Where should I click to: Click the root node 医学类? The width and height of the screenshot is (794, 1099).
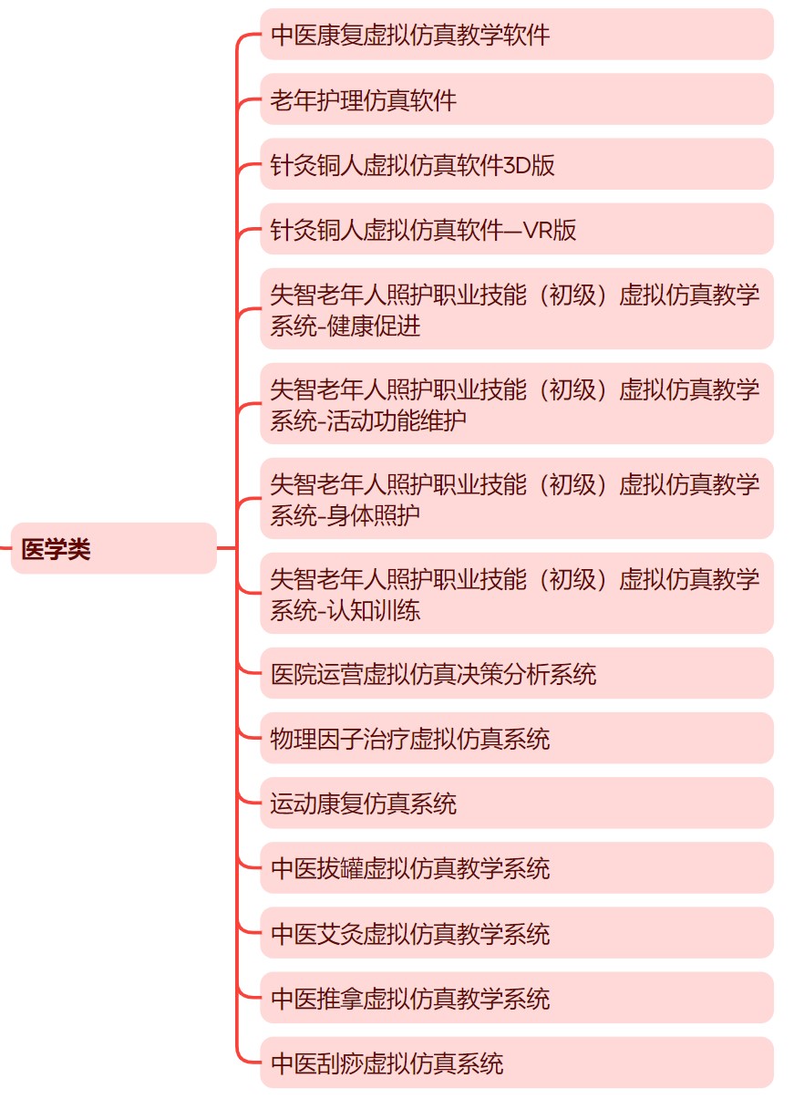coord(113,548)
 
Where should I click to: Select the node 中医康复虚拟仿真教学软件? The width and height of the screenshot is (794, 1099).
coord(516,34)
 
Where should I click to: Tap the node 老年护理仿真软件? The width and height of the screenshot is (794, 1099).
coord(516,99)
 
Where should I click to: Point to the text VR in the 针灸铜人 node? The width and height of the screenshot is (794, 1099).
coord(539,230)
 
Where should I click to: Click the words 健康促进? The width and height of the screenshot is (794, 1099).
coord(373,326)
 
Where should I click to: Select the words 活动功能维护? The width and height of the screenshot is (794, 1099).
coord(397,420)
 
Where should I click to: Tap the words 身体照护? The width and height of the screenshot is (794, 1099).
coord(373,515)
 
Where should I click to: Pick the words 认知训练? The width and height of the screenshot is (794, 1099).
coord(373,610)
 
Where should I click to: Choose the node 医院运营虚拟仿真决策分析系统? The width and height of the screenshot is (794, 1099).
coord(516,673)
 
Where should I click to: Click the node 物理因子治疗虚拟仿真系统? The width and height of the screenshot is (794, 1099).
coord(516,738)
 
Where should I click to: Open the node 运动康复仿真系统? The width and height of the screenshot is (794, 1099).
coord(516,804)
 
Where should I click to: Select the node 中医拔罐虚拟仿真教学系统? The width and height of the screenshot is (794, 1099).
coord(516,868)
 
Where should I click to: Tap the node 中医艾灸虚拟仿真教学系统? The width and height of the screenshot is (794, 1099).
coord(516,933)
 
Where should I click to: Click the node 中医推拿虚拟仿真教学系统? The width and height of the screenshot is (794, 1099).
coord(516,998)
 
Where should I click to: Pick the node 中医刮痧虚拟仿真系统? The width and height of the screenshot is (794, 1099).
coord(516,1063)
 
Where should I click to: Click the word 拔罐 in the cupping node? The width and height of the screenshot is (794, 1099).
coord(340,868)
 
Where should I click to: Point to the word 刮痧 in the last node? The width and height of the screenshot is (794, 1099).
coord(340,1063)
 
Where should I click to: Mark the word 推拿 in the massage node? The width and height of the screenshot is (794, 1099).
coord(340,998)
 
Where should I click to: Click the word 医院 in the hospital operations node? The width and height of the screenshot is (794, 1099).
coord(294,673)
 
